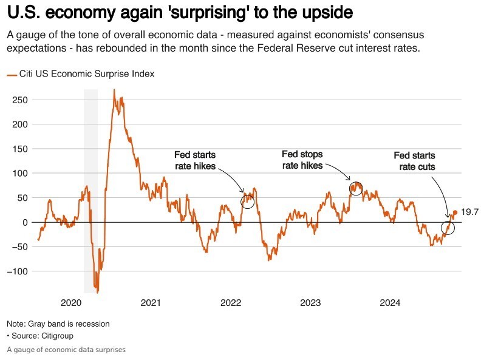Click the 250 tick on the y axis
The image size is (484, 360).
21,100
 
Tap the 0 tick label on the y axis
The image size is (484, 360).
25,222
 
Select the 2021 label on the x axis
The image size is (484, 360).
151,303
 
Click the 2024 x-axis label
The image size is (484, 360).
390,303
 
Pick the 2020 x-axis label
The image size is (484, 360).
71,303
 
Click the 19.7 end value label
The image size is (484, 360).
470,212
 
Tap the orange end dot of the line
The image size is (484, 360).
455,212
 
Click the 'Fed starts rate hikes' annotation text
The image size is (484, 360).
195,160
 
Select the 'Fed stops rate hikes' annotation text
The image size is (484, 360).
302,160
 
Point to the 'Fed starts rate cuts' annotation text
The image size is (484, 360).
414,161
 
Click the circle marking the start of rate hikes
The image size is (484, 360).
247,202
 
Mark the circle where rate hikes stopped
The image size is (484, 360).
356,189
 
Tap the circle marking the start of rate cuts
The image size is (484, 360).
448,228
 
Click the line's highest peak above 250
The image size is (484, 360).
114,90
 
